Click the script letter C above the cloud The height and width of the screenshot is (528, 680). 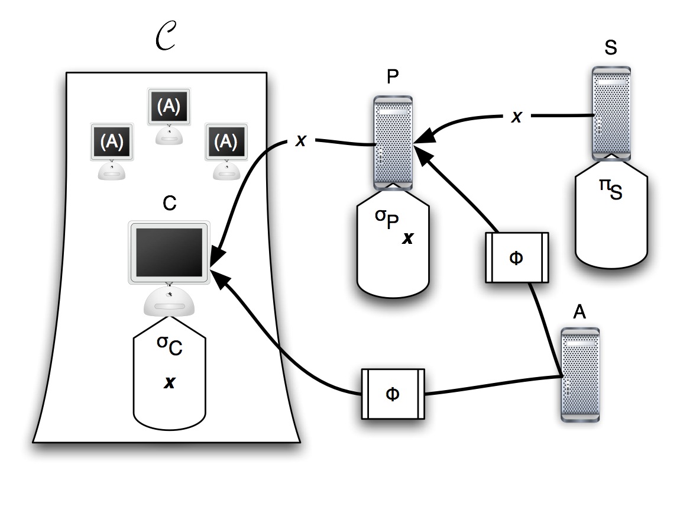coord(165,41)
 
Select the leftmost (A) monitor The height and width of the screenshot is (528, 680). coord(112,142)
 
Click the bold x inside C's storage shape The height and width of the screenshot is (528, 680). coord(170,383)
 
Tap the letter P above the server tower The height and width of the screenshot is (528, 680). coord(391,79)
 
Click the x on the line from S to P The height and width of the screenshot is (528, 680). coord(516,117)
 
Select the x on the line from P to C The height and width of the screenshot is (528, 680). coord(300,142)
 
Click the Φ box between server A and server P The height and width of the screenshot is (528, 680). coord(516,257)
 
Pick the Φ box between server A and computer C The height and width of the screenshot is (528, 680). coord(393,394)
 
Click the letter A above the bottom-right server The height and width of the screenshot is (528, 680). coord(580,312)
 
